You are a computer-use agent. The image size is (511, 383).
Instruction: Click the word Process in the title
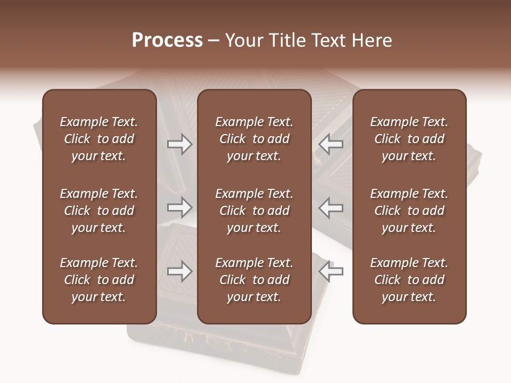click(167, 40)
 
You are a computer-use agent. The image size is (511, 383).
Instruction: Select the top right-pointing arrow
click(179, 144)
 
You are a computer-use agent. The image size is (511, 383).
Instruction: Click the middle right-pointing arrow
click(179, 207)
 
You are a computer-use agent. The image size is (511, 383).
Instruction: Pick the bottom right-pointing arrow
click(179, 271)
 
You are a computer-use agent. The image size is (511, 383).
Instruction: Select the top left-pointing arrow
click(331, 144)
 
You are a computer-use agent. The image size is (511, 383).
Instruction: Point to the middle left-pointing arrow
click(331, 207)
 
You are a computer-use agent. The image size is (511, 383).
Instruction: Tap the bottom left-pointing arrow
click(331, 271)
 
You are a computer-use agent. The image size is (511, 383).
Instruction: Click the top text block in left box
click(99, 139)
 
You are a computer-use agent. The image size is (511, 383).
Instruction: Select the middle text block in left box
click(99, 211)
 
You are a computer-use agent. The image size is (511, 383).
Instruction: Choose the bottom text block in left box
click(99, 280)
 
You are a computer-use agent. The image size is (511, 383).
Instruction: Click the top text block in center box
click(254, 139)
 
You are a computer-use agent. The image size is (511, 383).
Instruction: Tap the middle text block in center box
click(254, 211)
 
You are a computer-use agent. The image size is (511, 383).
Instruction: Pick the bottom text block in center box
click(254, 280)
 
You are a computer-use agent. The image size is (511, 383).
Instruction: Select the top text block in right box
click(409, 139)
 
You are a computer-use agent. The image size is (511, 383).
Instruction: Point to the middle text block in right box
click(409, 211)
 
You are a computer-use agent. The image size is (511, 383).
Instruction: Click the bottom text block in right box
click(409, 280)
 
